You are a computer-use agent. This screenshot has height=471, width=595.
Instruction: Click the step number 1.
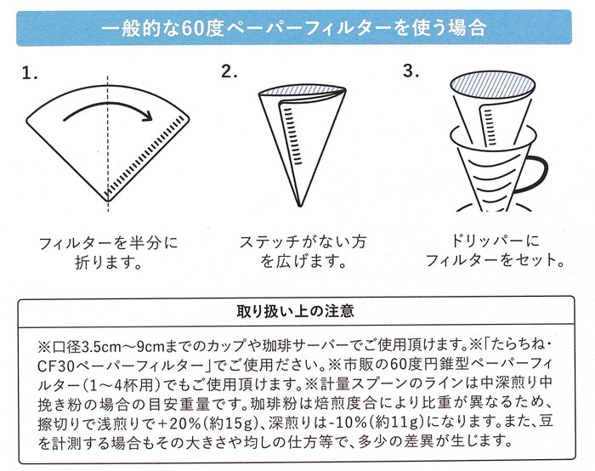29,73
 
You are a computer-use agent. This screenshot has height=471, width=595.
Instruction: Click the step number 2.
229,71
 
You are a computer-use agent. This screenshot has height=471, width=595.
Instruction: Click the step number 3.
411,71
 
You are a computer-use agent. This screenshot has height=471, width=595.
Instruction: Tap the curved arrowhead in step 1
146,114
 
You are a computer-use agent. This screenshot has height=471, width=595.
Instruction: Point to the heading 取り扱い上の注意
296,311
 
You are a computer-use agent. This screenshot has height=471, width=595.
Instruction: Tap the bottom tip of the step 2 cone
300,206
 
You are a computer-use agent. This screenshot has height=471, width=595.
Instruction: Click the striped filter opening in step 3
492,86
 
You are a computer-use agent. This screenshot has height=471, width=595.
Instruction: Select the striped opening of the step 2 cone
302,91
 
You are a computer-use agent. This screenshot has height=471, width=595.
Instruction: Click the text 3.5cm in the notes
103,346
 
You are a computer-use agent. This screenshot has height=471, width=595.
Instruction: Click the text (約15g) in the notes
231,423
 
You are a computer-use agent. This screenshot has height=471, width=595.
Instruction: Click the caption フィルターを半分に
108,243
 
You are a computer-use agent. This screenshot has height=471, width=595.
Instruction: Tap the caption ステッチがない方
303,242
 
